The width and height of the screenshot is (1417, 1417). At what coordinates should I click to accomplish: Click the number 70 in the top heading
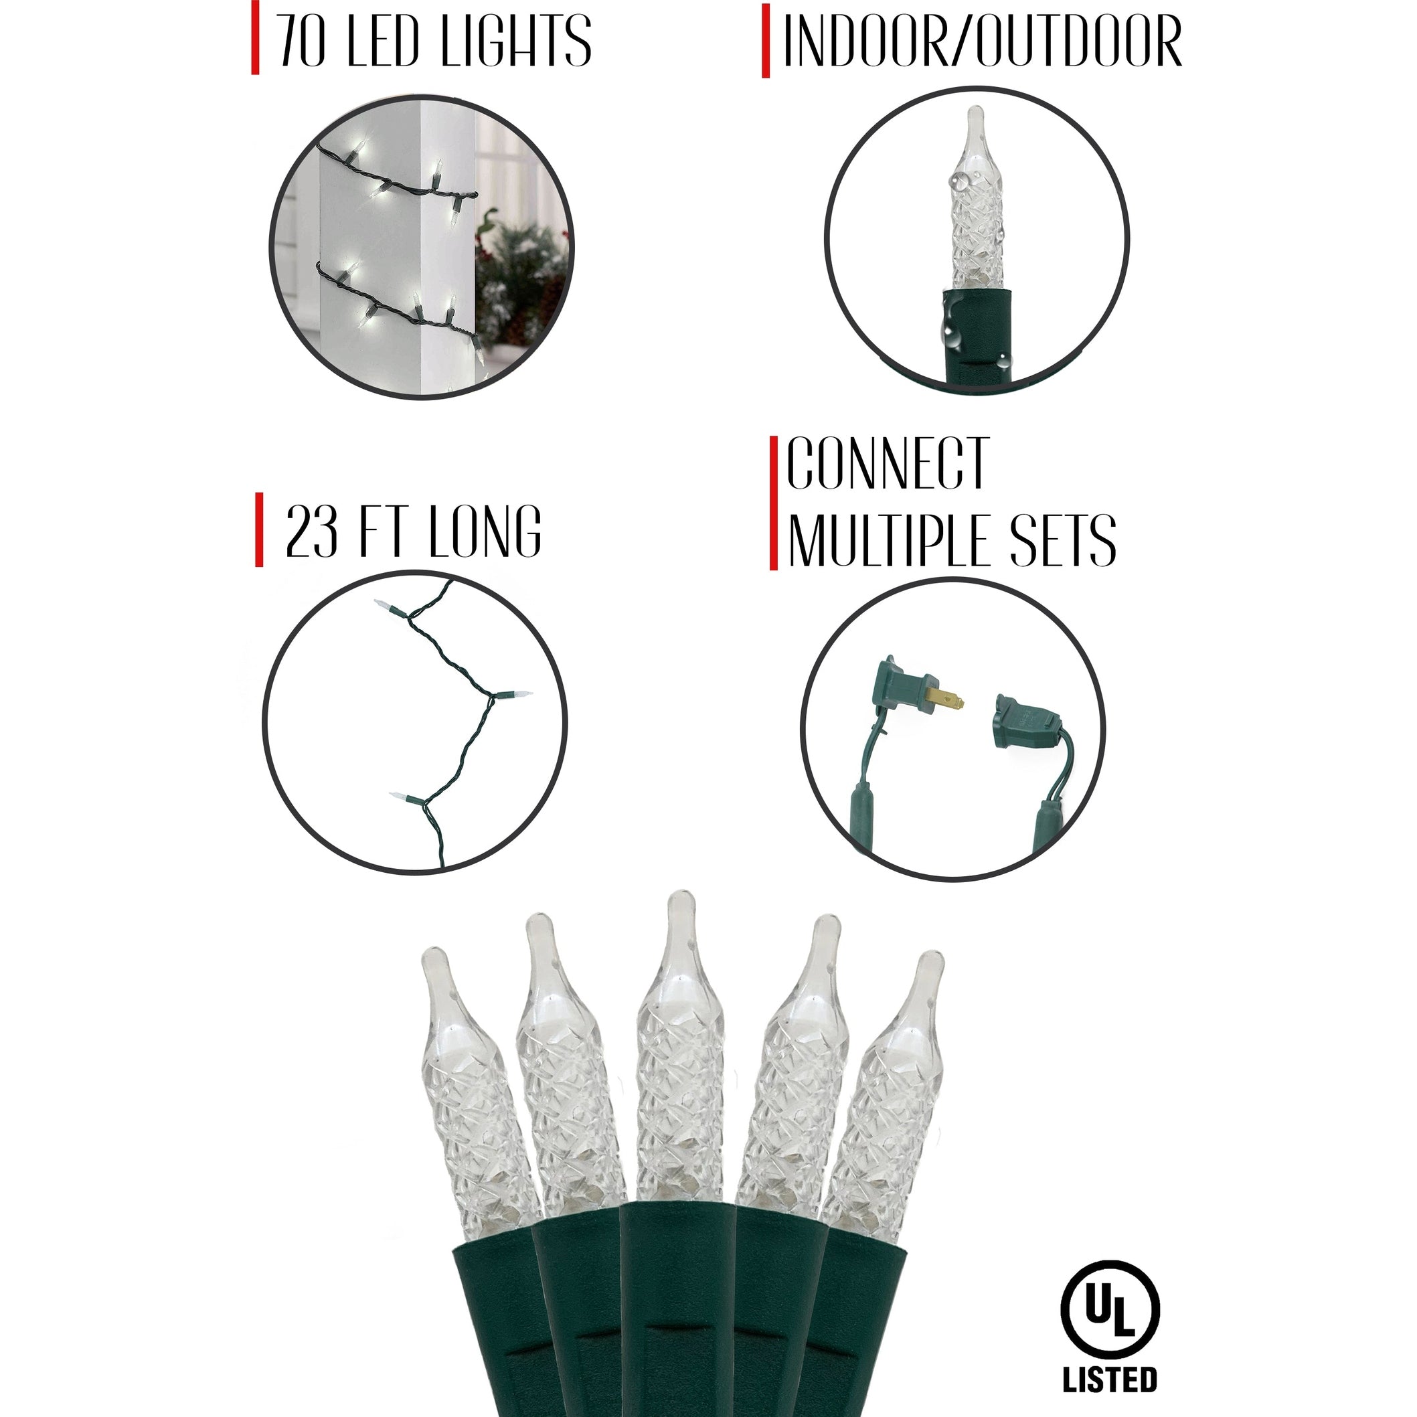coord(301,41)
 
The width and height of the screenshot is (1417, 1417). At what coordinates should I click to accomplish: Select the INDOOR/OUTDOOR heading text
coord(982,41)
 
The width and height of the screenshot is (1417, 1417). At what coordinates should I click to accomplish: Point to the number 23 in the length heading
coord(311,531)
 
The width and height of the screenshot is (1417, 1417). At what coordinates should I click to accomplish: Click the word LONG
coord(485,531)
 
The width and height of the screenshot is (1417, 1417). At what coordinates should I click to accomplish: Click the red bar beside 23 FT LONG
coord(259,530)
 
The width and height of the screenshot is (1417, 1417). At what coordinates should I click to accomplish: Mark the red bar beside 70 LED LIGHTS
coord(255,38)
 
